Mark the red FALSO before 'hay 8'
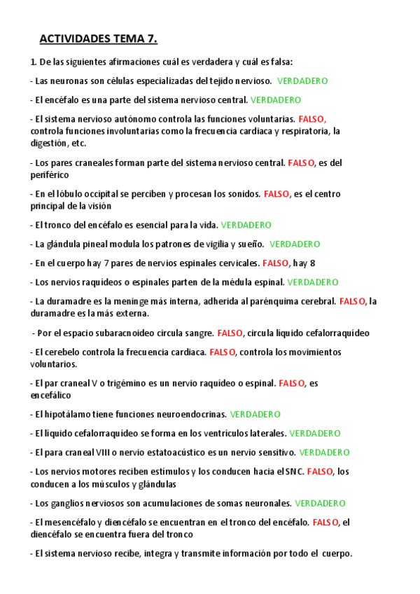[275, 263]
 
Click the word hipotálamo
[69, 415]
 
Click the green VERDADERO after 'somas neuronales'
[320, 504]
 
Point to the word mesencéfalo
[71, 523]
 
